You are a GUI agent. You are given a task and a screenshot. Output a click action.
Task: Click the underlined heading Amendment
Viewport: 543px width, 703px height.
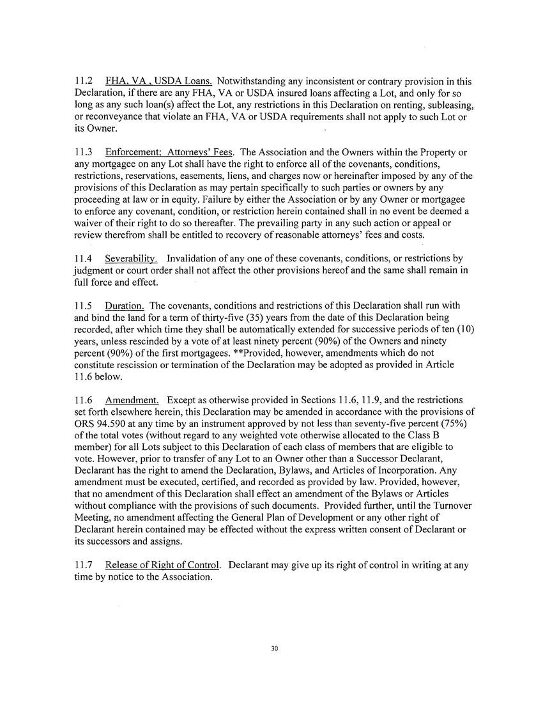(132, 400)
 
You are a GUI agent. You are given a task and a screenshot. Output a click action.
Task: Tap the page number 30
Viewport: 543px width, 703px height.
(275, 649)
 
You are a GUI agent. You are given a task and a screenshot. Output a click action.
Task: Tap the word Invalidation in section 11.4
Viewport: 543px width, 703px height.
(196, 259)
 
